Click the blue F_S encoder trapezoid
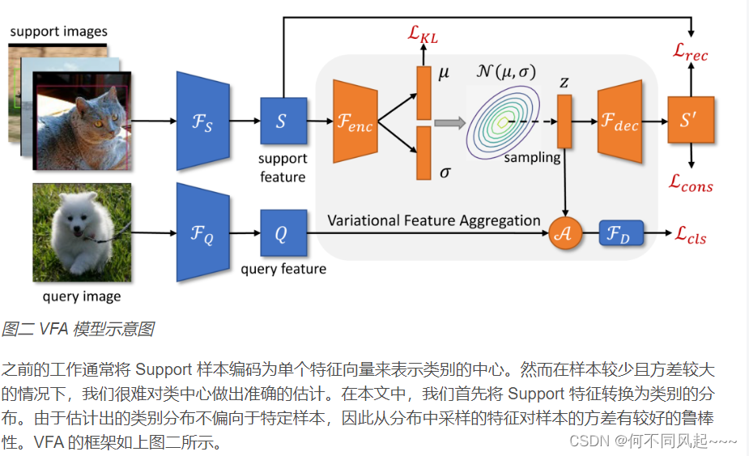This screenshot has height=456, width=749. [x=199, y=121]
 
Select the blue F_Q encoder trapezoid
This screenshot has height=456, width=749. [x=199, y=233]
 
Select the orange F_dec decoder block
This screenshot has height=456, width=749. [x=619, y=121]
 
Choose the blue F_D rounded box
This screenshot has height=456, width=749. [x=620, y=234]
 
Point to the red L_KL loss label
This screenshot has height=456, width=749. [x=424, y=34]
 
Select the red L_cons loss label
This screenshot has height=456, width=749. [x=691, y=185]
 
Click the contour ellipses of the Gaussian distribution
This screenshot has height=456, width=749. [x=502, y=121]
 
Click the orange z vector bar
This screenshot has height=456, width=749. [x=564, y=121]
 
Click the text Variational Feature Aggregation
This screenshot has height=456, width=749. [x=434, y=220]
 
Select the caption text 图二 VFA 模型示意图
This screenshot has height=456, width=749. [x=78, y=329]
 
